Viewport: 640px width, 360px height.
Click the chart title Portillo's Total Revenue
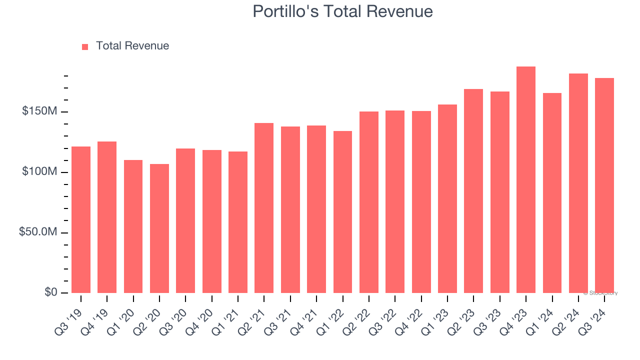(x=342, y=11)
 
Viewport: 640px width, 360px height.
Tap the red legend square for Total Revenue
(x=85, y=46)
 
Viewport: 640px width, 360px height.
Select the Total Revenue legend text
(x=132, y=46)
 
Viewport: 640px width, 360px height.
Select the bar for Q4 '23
(x=526, y=180)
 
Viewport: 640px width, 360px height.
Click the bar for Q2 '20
(x=159, y=228)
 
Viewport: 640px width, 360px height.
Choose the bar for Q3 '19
(x=81, y=220)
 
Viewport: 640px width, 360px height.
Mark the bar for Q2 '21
(x=264, y=208)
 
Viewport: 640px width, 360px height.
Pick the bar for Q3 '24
(x=604, y=185)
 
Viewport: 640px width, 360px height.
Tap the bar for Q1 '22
(x=342, y=212)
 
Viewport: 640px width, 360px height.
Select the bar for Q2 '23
(x=473, y=191)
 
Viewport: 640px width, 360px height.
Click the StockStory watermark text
(x=600, y=293)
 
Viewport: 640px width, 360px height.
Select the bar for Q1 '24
(x=552, y=193)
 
